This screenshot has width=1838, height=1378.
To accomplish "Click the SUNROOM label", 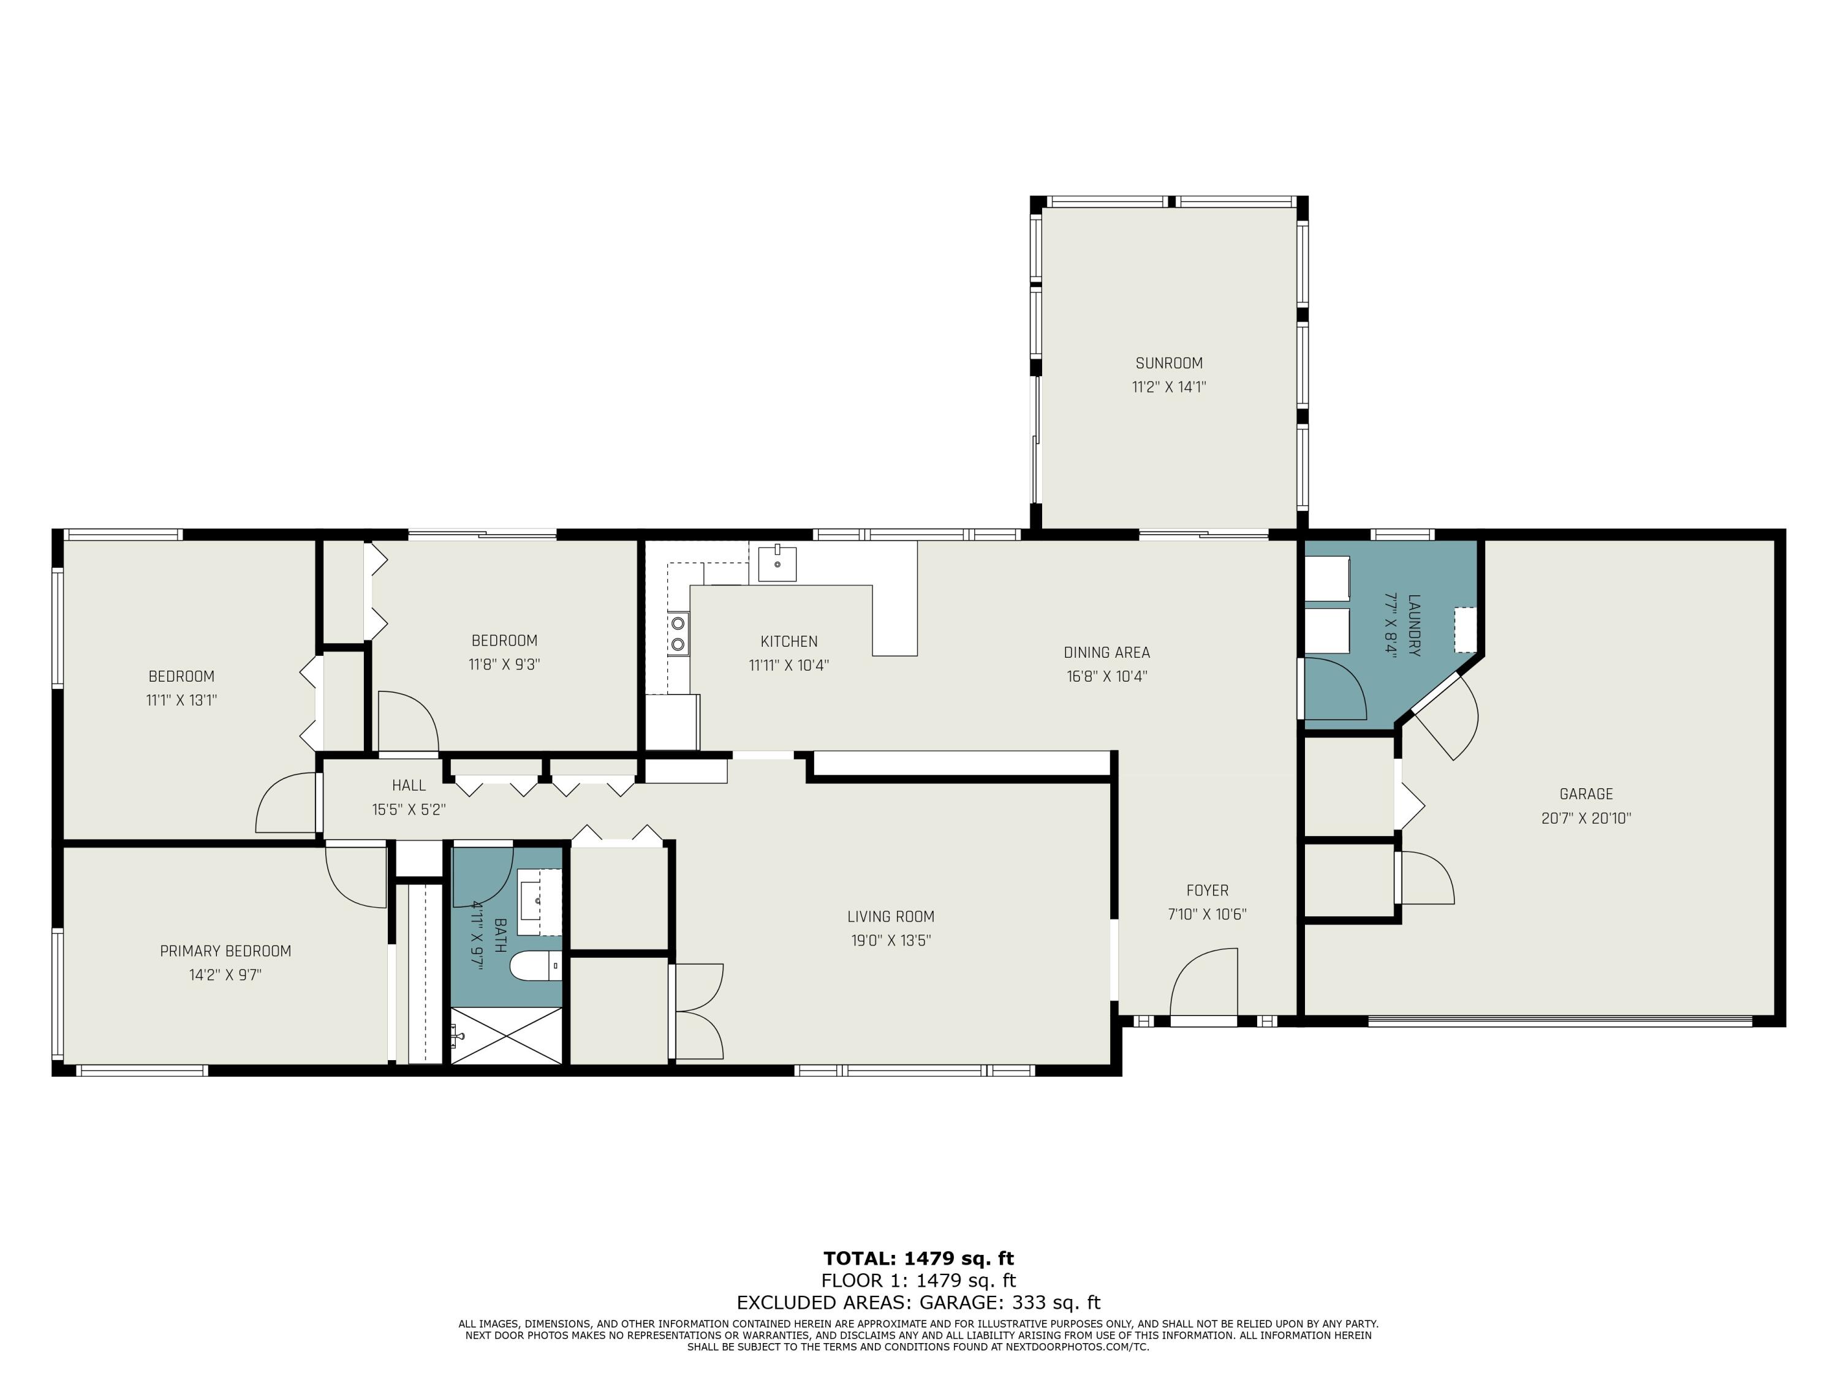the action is click(x=1168, y=363).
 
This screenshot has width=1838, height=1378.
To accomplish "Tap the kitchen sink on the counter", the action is click(x=777, y=564).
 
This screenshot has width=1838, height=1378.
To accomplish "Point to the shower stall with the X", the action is click(x=506, y=1035).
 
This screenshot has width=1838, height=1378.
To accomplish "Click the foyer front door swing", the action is click(x=1204, y=982).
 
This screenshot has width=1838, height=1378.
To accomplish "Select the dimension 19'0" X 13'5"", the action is click(x=890, y=940).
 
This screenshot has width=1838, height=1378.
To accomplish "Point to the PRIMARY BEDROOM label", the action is click(x=225, y=951).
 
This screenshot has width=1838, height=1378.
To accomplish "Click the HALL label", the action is click(x=409, y=785).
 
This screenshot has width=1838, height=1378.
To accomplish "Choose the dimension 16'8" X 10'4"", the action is click(x=1107, y=676).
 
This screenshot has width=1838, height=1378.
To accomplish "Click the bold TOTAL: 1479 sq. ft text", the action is click(x=918, y=1259).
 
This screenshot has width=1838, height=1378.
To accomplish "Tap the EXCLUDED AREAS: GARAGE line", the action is click(x=918, y=1303).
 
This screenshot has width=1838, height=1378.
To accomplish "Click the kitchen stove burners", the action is click(x=679, y=633).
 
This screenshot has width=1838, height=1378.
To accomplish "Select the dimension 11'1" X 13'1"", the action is click(x=181, y=700).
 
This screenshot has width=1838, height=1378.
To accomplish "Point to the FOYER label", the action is click(x=1208, y=890).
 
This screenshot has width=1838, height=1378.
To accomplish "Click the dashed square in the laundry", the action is click(x=1465, y=630).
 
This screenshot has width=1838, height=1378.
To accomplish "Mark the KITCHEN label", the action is click(x=789, y=641).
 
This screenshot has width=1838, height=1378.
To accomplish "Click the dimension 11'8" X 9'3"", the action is click(x=504, y=665).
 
